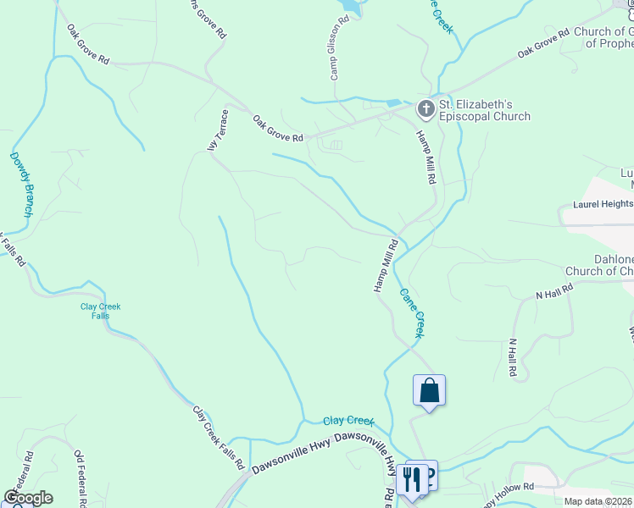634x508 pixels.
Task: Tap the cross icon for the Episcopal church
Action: click(x=425, y=108)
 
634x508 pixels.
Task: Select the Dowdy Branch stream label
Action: click(x=20, y=184)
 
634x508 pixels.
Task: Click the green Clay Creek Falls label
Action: click(x=100, y=311)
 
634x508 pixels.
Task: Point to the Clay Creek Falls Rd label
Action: click(x=219, y=438)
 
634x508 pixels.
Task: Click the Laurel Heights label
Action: click(x=603, y=204)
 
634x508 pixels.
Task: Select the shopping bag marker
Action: click(x=429, y=391)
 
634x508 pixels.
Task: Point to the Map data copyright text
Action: click(x=598, y=501)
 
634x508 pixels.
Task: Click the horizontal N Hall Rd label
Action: click(x=554, y=291)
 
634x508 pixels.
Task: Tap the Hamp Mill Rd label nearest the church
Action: click(x=425, y=157)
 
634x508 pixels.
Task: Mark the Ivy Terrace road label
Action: click(x=219, y=131)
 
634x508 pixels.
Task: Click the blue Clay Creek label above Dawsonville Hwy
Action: click(x=348, y=420)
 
